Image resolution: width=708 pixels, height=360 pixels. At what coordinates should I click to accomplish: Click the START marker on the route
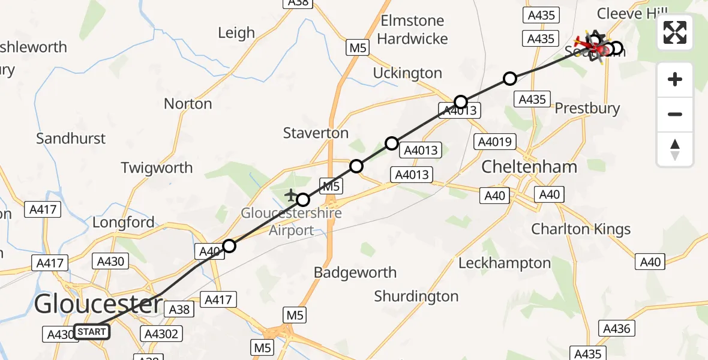tap(92, 332)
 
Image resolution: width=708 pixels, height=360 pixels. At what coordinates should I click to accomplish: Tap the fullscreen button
tap(675, 32)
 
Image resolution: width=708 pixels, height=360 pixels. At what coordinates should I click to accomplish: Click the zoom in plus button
tap(675, 79)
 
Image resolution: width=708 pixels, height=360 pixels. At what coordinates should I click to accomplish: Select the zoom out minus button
tap(675, 114)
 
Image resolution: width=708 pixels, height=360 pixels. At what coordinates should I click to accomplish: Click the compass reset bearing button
tap(675, 149)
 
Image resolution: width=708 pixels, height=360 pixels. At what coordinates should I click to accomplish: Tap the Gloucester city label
tap(98, 304)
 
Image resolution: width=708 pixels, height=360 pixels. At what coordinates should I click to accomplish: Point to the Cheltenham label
tap(530, 166)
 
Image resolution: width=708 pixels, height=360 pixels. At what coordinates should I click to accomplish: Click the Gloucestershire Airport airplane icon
tap(291, 195)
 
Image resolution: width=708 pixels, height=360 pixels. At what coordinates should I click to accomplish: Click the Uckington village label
tap(407, 73)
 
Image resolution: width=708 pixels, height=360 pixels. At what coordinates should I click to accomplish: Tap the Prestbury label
tap(587, 109)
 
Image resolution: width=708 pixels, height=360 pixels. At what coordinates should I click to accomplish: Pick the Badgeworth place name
tap(355, 272)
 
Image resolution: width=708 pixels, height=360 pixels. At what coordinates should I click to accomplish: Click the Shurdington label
tap(416, 296)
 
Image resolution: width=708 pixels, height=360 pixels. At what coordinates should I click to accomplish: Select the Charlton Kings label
tap(581, 229)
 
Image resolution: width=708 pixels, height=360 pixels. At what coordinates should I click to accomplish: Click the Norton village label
tap(188, 104)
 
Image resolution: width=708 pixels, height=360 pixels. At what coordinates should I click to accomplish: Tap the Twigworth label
tap(157, 167)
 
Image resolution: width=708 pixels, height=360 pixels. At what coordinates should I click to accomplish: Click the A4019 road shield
tap(494, 142)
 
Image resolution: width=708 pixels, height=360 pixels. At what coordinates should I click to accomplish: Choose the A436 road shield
tap(617, 328)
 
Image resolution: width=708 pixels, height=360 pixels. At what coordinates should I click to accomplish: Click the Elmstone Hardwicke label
tap(413, 29)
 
